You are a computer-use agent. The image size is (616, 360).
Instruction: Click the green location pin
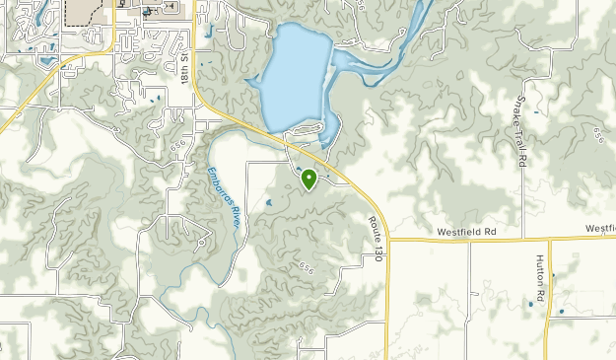[x=308, y=179]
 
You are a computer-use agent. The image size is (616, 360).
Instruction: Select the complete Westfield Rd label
[x=467, y=232]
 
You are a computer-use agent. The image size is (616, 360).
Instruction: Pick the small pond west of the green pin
[x=268, y=204]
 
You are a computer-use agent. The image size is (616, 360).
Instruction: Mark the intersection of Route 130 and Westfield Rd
[x=389, y=239]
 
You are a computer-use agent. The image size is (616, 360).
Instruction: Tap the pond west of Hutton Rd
[x=530, y=303]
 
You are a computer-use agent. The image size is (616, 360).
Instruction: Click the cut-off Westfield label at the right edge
[x=599, y=228]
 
